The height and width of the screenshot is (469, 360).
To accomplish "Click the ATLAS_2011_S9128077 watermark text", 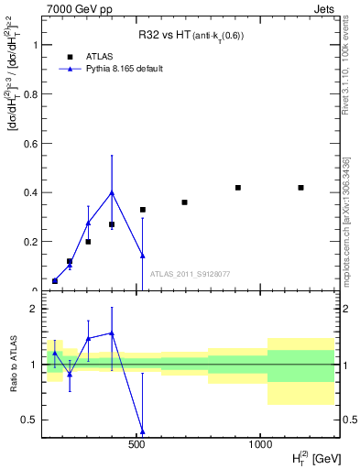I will pyautogui.click(x=189, y=273).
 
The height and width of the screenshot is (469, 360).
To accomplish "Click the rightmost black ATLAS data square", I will pyautogui.click(x=300, y=188).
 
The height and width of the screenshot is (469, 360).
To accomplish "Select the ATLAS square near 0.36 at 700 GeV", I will pyautogui.click(x=184, y=202).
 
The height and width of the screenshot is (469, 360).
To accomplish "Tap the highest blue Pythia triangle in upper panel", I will pyautogui.click(x=112, y=192).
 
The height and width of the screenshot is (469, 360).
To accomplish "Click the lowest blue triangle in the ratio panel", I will pyautogui.click(x=142, y=430).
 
